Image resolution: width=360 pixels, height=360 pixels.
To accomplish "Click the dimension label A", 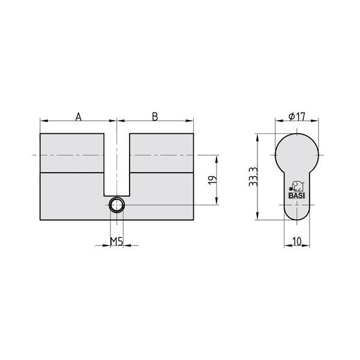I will click(78, 116).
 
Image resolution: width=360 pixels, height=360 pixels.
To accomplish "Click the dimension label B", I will click(155, 116).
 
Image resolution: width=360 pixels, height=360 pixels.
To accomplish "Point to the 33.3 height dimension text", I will click(254, 177).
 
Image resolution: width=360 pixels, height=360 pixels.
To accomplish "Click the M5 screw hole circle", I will click(116, 205).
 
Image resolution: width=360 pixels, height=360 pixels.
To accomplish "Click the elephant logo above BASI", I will click(296, 185).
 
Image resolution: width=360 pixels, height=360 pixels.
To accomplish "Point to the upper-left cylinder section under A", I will click(72, 153).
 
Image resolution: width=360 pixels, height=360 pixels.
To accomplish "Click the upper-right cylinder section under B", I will click(161, 153).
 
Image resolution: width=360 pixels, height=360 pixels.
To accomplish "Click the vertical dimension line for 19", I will click(214, 180).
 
